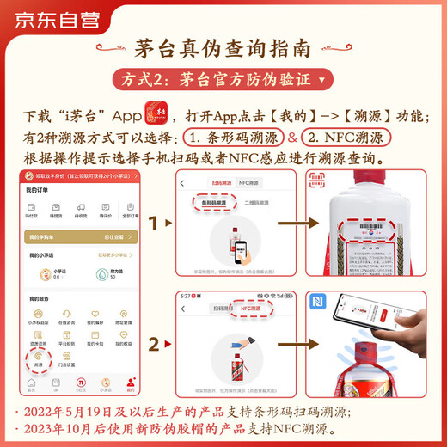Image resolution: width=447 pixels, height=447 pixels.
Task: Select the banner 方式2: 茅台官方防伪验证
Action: (x=223, y=81)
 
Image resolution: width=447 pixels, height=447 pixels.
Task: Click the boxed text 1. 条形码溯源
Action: (x=230, y=138)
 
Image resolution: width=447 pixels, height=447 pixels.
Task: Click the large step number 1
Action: (x=154, y=224)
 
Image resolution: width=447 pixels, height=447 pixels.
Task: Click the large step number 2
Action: (x=154, y=345)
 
